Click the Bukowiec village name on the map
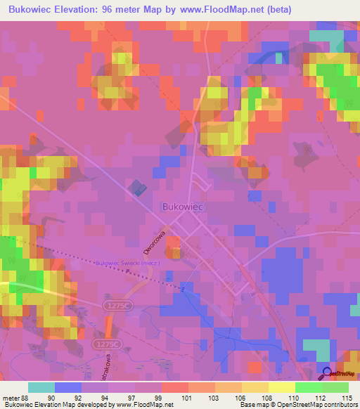182,207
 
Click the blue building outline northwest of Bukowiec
138,188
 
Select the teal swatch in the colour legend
41,387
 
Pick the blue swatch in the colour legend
68,387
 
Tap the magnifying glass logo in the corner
328,373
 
